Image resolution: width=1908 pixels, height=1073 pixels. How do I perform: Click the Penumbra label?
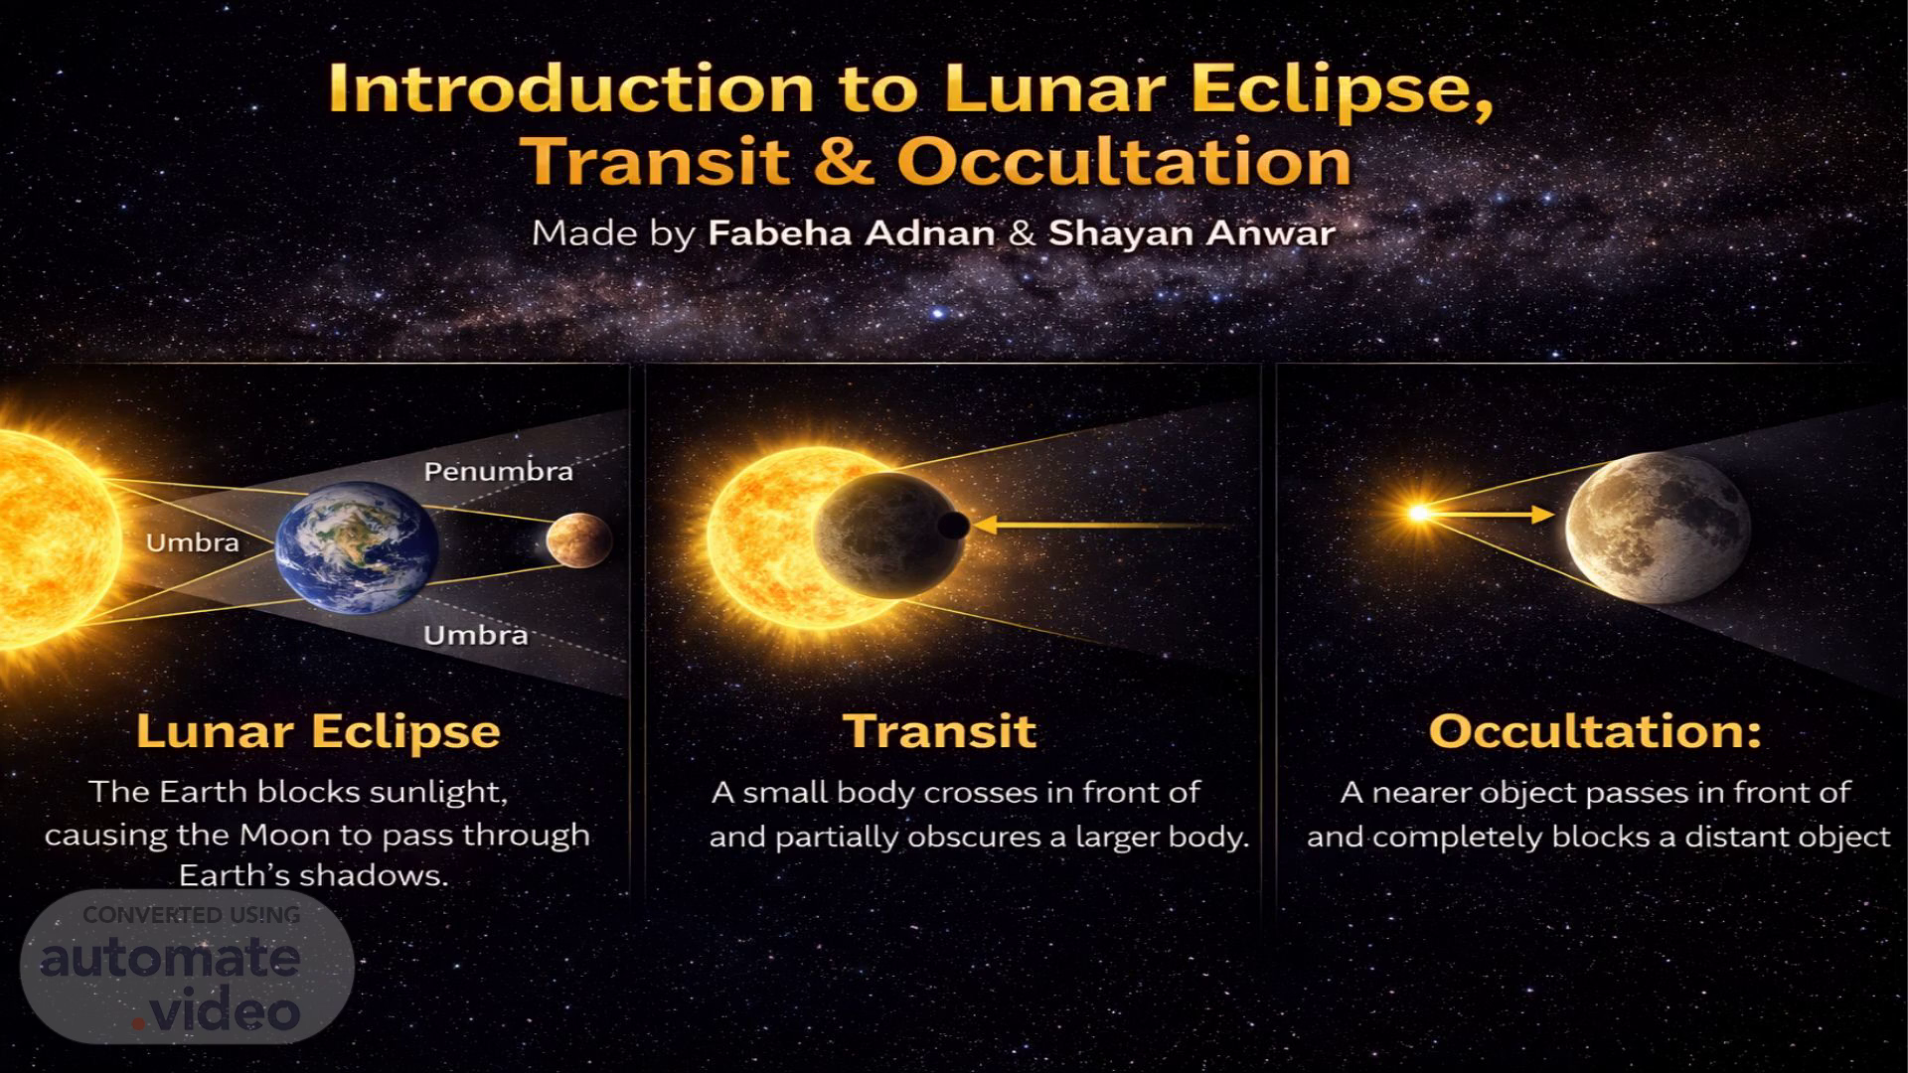click(x=499, y=471)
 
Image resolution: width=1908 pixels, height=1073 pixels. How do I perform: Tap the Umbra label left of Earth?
click(x=193, y=542)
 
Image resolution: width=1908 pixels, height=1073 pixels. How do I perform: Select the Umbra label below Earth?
click(x=476, y=635)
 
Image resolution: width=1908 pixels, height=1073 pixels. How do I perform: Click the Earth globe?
click(x=357, y=546)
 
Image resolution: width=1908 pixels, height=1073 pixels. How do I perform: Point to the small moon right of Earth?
click(x=578, y=541)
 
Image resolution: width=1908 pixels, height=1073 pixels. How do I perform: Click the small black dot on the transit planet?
click(x=953, y=527)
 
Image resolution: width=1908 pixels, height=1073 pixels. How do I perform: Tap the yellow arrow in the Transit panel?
click(x=1103, y=525)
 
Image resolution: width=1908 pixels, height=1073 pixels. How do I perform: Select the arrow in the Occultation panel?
click(x=1491, y=514)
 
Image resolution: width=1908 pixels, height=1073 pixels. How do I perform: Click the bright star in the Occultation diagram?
click(x=1419, y=513)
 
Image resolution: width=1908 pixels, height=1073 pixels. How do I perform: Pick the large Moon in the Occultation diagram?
click(x=1658, y=528)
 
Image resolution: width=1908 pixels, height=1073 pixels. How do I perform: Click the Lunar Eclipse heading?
click(x=318, y=732)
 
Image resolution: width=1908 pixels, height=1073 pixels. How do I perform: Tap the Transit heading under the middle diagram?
click(x=940, y=731)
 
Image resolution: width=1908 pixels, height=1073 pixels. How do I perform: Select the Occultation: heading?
click(x=1595, y=731)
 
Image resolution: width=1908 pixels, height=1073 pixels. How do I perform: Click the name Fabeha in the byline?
click(x=775, y=232)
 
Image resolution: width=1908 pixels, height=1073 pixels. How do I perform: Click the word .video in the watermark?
click(x=217, y=1012)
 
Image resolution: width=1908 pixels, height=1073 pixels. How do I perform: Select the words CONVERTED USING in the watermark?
click(x=191, y=915)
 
